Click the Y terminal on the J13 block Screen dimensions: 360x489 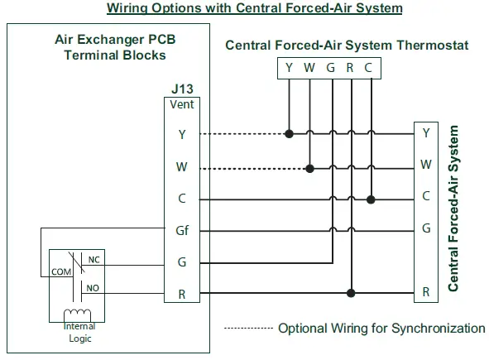181,133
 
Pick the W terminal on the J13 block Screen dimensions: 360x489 181,166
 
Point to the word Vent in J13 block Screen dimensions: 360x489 181,105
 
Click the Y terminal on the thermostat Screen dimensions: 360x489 289,67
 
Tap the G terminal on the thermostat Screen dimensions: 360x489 330,67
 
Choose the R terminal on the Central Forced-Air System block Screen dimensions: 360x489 426,292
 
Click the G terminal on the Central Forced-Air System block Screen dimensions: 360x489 426,228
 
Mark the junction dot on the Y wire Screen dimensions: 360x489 289,133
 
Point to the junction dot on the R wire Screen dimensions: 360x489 351,292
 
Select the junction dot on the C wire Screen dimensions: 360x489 371,199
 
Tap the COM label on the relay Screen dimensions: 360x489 60,271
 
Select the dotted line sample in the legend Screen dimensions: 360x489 248,329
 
